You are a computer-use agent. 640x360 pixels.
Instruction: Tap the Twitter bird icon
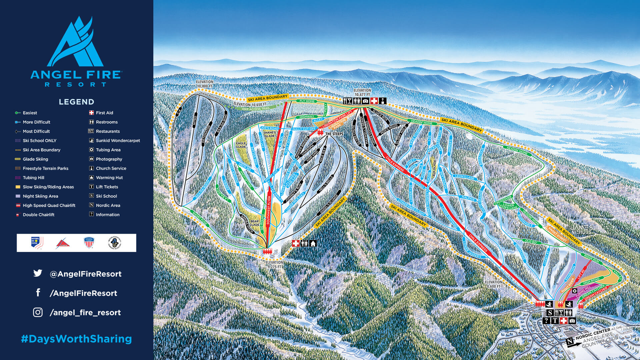coord(38,273)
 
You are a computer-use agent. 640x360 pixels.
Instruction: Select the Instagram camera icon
coord(38,312)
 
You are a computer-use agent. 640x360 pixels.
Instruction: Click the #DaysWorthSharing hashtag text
coord(76,339)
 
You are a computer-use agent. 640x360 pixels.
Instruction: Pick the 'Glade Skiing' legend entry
coord(35,159)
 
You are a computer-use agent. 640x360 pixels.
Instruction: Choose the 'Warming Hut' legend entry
coord(109,178)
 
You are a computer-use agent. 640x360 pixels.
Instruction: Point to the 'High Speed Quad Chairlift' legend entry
coord(49,205)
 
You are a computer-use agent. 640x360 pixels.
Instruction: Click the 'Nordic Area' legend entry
coord(108,205)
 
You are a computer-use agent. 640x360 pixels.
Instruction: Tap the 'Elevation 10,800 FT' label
coord(205,84)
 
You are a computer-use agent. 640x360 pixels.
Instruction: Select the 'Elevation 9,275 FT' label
coord(274,265)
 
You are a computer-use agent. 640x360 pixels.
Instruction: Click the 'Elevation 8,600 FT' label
coord(493,284)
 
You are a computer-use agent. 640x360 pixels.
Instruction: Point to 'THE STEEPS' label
coord(334,134)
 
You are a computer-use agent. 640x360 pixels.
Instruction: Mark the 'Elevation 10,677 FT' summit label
coord(362,92)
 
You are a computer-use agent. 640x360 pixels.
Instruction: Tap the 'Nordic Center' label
coord(593,334)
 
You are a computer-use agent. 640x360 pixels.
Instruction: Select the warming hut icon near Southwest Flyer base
coord(313,243)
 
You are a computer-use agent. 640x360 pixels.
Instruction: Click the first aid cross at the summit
coord(374,101)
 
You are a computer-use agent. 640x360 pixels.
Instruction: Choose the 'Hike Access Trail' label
coord(256,109)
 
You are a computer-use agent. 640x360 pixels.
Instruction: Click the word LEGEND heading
coord(76,102)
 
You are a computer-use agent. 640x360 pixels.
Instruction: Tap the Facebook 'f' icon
coord(38,293)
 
